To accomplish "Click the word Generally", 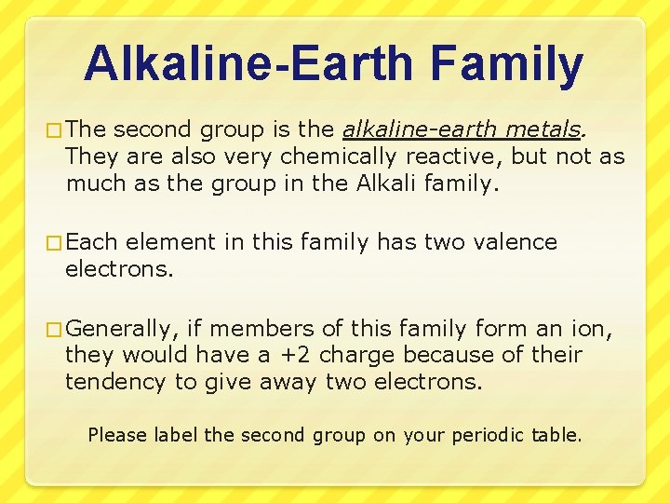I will point(122,328).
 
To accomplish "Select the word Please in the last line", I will point(117,434).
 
